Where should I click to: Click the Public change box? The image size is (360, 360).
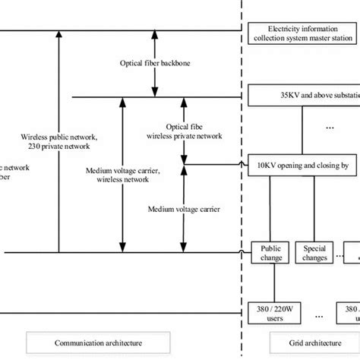(x=271, y=252)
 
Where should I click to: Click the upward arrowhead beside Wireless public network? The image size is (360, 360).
(x=58, y=36)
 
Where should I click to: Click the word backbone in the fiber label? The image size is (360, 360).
(x=172, y=64)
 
